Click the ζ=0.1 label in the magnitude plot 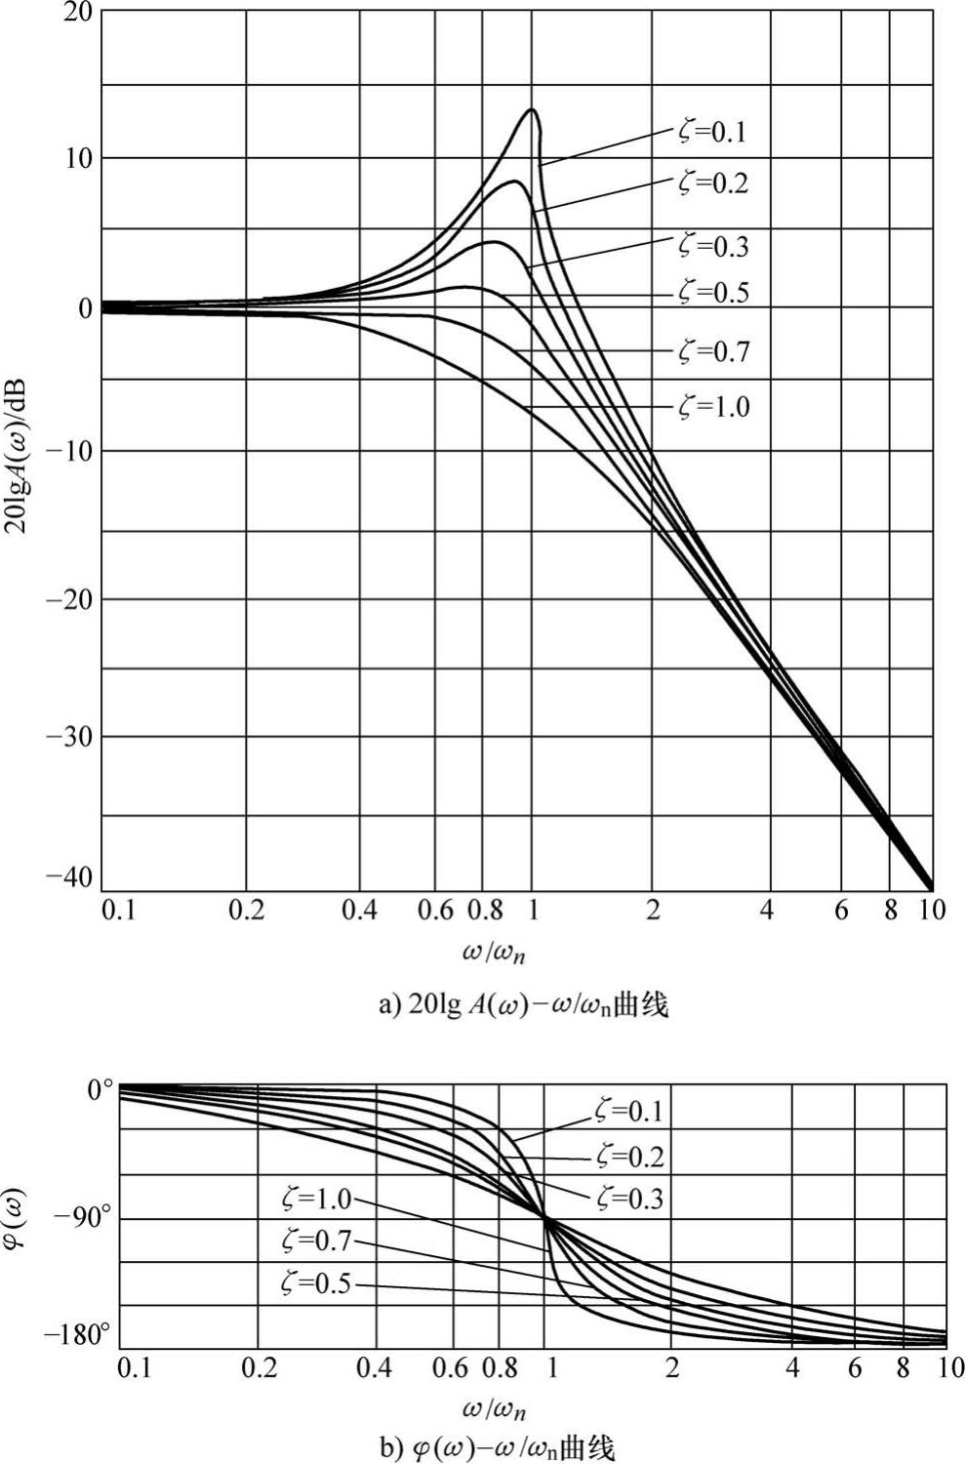point(712,131)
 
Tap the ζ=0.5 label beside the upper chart point(713,293)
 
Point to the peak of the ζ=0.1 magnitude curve point(532,109)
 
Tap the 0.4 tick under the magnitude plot point(360,911)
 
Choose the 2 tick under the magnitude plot point(652,911)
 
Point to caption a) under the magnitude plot point(523,1004)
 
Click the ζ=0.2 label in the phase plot point(628,1157)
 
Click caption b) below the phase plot point(498,1448)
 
